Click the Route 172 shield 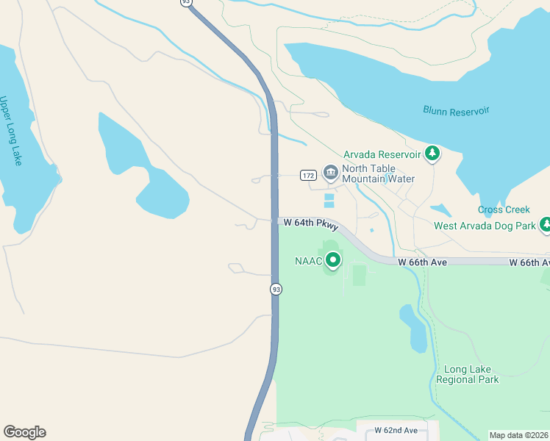point(308,175)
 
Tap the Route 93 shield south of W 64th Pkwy point(276,289)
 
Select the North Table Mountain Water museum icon point(330,172)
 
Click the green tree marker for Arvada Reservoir point(433,154)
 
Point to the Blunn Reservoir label point(456,111)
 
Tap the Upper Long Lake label point(11,130)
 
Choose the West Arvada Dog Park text point(485,226)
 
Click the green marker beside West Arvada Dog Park point(545,224)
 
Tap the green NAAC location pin point(333,260)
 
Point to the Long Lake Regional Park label point(467,374)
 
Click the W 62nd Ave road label point(396,430)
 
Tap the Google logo point(24,432)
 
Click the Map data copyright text point(518,435)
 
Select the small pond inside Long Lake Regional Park point(413,328)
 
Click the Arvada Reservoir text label point(382,154)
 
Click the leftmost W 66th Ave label point(422,262)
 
